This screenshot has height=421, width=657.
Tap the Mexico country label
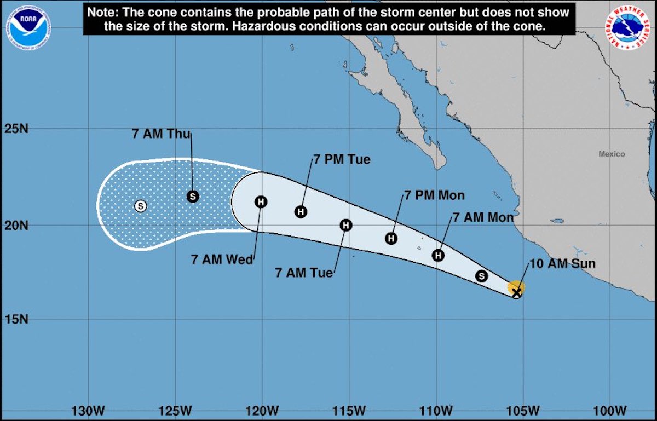(611, 154)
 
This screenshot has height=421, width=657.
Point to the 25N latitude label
(16, 129)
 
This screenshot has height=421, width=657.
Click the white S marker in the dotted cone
(141, 206)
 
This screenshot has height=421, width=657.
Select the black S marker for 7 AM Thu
(192, 196)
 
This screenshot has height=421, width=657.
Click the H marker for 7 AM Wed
(261, 202)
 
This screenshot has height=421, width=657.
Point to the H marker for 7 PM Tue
(301, 211)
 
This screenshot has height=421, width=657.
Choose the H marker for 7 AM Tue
(346, 225)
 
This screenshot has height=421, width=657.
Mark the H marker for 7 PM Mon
(391, 238)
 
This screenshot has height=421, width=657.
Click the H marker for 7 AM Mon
(439, 255)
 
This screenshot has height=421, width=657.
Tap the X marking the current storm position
(516, 293)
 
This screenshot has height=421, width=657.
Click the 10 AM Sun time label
(562, 264)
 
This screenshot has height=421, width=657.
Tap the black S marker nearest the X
(481, 276)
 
